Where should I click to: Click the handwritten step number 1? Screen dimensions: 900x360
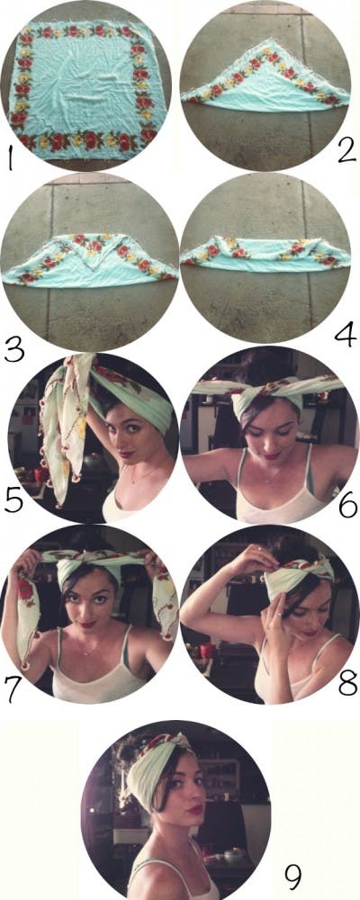point(10,163)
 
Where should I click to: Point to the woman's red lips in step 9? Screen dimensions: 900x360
point(194,807)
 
